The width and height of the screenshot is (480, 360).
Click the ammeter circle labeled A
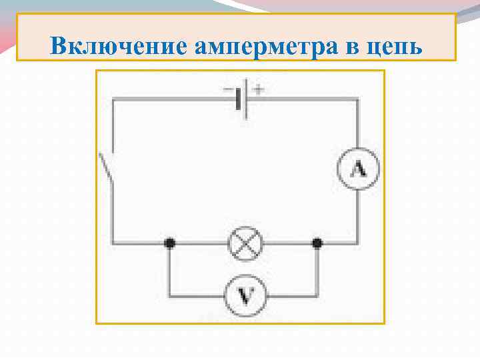click(x=358, y=170)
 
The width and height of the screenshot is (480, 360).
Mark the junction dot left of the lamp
click(x=169, y=244)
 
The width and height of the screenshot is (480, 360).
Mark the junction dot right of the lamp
click(x=317, y=244)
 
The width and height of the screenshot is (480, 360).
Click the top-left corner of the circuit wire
click(x=113, y=101)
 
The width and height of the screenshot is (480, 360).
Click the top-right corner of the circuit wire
click(x=358, y=101)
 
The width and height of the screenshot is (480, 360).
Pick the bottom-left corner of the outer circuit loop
click(x=113, y=244)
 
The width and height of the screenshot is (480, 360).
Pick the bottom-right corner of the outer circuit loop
click(x=358, y=244)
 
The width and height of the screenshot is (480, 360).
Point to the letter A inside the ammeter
click(x=358, y=170)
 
